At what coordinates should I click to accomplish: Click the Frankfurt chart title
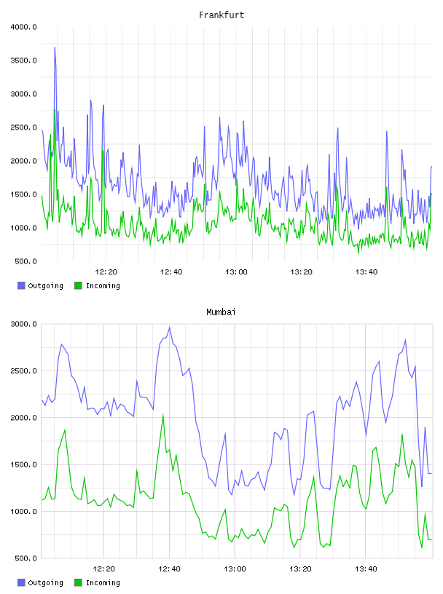click(x=221, y=15)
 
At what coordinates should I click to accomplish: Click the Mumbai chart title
click(x=221, y=312)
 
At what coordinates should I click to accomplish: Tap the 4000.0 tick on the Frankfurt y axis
click(x=24, y=27)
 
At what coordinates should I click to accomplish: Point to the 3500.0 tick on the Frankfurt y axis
click(x=24, y=60)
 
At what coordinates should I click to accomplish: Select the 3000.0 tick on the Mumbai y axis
click(x=24, y=324)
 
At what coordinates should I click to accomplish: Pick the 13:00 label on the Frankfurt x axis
click(x=236, y=272)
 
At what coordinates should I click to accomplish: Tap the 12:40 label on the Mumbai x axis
click(x=169, y=569)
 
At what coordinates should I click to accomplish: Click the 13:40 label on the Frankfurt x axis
click(x=366, y=272)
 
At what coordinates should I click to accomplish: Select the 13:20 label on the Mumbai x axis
click(x=300, y=569)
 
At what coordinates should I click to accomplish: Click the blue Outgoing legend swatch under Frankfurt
click(x=21, y=285)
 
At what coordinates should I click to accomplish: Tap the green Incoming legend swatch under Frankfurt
click(x=78, y=285)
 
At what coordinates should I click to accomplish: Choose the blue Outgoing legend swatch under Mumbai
click(x=21, y=582)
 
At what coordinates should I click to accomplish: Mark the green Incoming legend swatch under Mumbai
click(x=78, y=582)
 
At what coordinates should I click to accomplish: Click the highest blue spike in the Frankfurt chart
click(x=55, y=48)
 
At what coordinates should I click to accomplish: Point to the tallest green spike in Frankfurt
click(x=55, y=110)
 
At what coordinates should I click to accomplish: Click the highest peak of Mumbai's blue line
click(x=170, y=328)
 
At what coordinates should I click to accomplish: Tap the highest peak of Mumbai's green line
click(x=162, y=415)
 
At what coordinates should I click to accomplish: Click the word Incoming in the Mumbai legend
click(x=103, y=583)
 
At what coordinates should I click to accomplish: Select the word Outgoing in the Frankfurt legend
click(x=45, y=286)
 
